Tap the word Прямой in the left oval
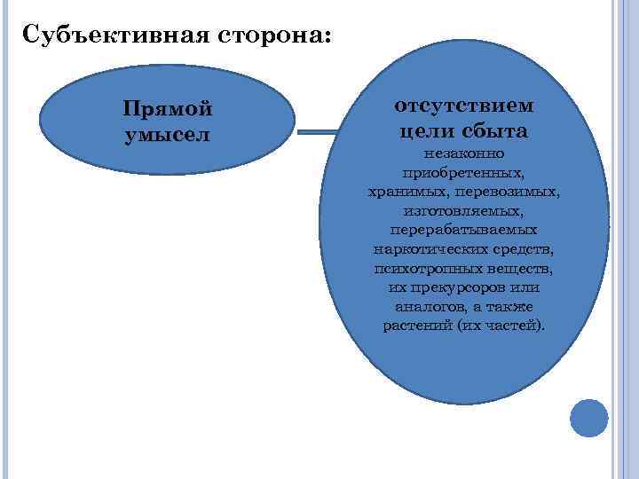coord(168,109)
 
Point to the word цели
coord(425,131)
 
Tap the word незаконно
coord(464,153)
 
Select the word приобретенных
coord(463,172)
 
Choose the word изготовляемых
coord(463,211)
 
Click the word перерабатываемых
coord(463,230)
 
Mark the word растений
coord(418,326)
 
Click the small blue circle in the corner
coord(588,418)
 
